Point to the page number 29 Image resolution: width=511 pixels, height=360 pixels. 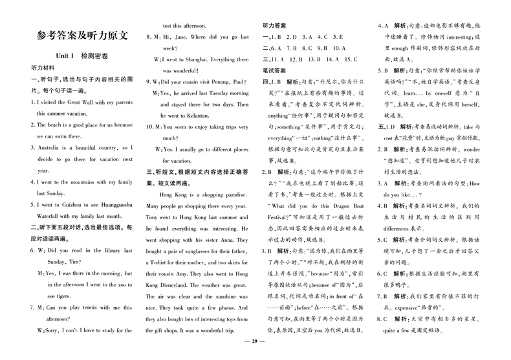click(255, 349)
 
